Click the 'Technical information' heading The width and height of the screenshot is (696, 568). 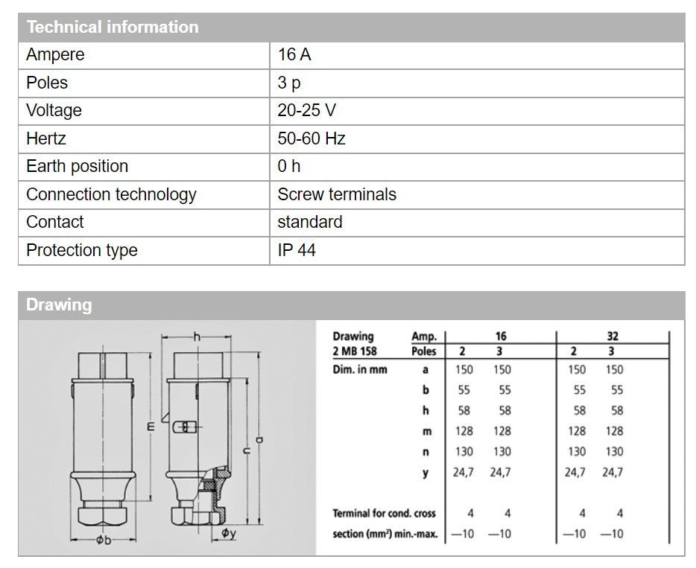point(113,28)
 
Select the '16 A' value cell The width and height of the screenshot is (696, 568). point(294,55)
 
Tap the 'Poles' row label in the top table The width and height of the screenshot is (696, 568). point(47,83)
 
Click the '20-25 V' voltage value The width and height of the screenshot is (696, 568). point(306,111)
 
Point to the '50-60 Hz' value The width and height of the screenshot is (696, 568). point(311,138)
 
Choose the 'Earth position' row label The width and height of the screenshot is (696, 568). point(77,167)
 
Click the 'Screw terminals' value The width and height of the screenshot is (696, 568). point(337,194)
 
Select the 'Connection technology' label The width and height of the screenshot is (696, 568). point(111,194)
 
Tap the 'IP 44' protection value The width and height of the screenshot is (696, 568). point(297,250)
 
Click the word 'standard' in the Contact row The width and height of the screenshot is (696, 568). point(310,222)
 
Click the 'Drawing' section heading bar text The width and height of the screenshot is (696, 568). point(59,305)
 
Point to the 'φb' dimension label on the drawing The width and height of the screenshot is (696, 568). point(104,540)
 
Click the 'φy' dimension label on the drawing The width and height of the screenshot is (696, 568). point(229,533)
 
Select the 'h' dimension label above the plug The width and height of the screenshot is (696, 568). point(197,337)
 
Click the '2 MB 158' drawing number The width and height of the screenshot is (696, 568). point(355,351)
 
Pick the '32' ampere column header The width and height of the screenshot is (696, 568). point(612,336)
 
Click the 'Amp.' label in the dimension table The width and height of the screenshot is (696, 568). point(424,336)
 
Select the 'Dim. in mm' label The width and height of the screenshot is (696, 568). point(360,369)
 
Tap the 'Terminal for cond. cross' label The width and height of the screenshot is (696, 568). point(384,513)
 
